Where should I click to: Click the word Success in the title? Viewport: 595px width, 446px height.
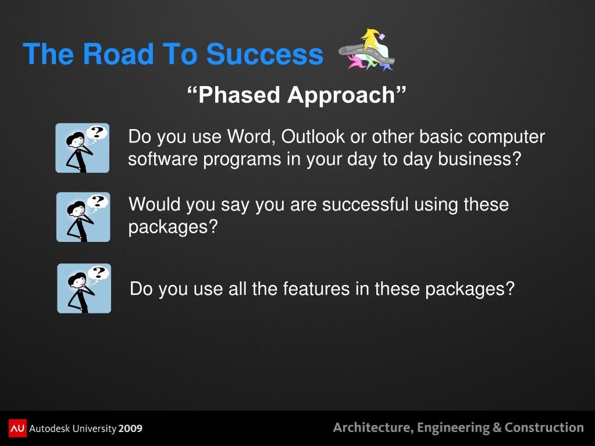pos(265,54)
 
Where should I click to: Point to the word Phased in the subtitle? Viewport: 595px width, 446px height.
pos(239,94)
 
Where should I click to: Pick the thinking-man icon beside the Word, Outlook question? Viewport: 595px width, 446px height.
pos(83,148)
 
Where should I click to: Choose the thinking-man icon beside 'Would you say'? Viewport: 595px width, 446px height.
pos(83,217)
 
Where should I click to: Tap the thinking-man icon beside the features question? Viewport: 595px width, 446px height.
pos(84,288)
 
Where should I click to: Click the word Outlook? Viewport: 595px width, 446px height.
pos(313,137)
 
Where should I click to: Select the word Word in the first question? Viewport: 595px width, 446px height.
pos(251,137)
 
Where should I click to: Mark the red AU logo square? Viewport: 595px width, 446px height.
pos(17,428)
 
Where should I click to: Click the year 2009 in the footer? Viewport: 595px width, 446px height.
pos(130,429)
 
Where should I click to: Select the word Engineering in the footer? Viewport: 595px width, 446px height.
pos(453,428)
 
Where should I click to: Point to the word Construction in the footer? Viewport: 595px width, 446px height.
pos(544,427)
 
